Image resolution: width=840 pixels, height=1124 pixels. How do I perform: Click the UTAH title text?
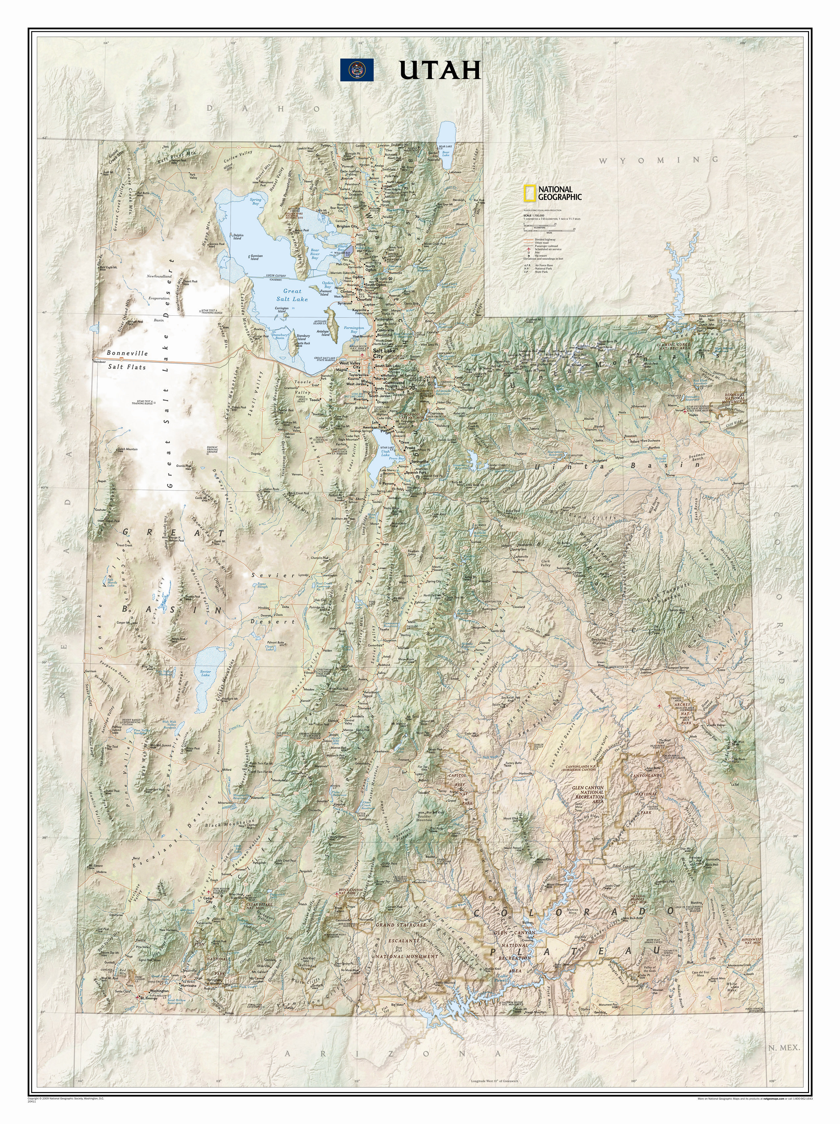click(440, 71)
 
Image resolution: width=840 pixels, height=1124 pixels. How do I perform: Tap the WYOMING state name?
click(659, 160)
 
